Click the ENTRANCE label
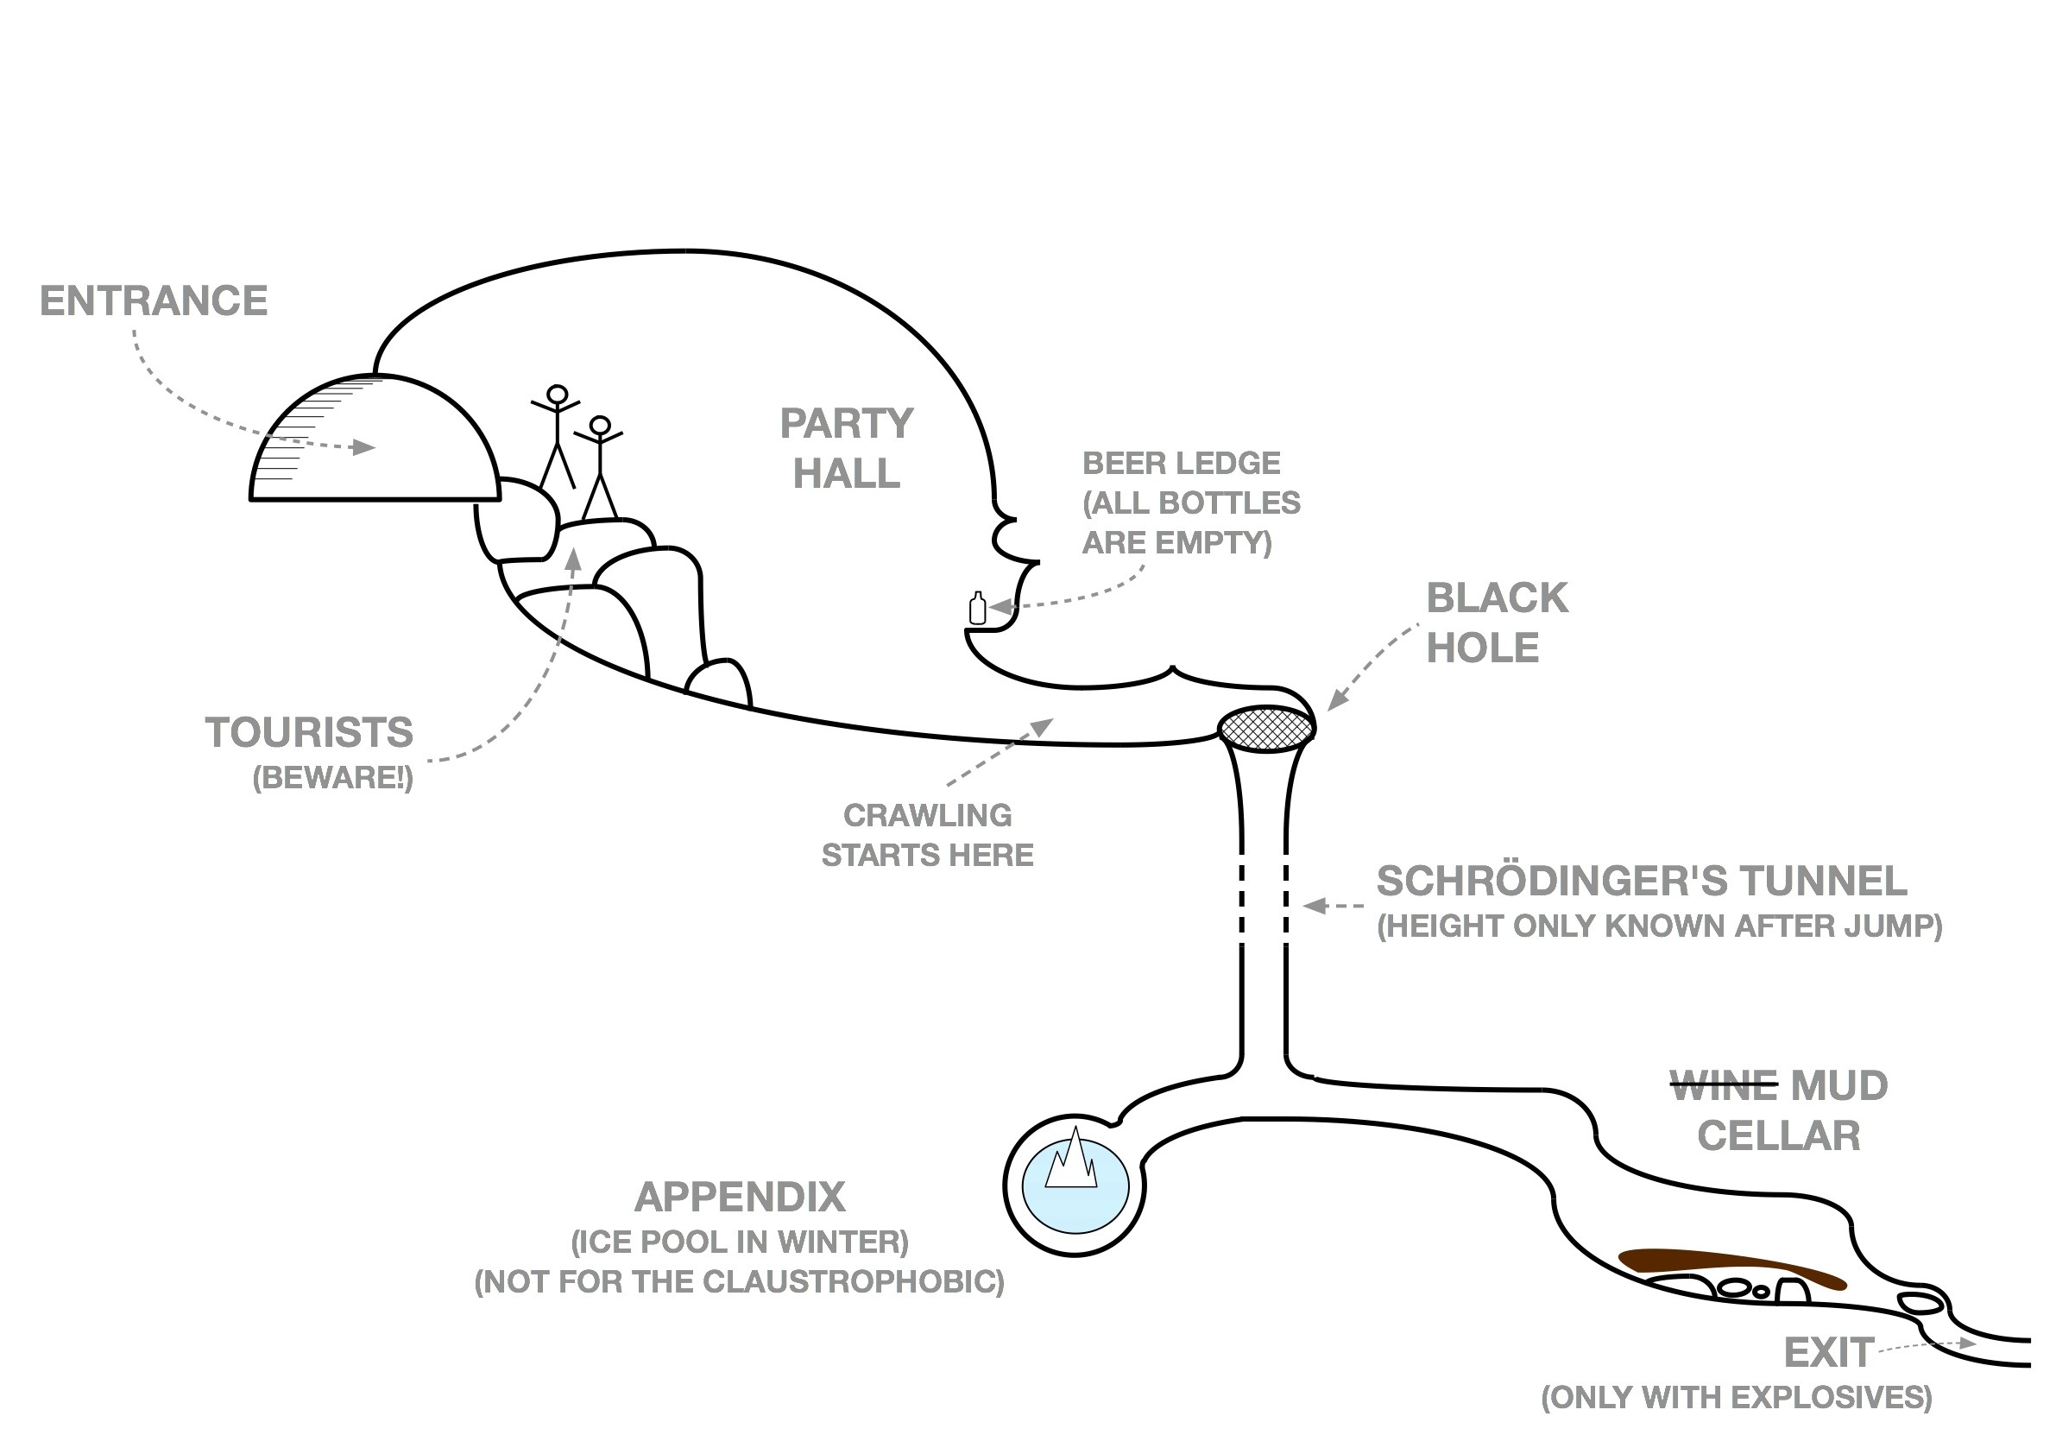point(153,301)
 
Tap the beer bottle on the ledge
point(978,610)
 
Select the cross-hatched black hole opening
point(1267,728)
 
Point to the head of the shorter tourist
point(600,425)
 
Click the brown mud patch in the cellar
point(1728,1267)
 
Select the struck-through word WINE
point(1723,1087)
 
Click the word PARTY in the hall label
point(846,424)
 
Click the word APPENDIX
point(740,1197)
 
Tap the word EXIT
point(1828,1353)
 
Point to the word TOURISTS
point(309,733)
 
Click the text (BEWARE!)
point(332,778)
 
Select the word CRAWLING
point(928,815)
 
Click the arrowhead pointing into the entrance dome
point(364,446)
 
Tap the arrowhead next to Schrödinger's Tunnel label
point(1314,906)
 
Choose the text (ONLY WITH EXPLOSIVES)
point(1736,1398)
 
